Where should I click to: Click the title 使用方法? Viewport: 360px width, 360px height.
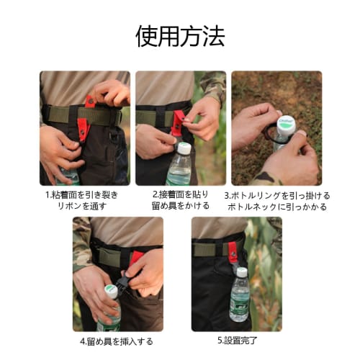pos(180,35)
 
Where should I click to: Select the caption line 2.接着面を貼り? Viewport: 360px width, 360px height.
pos(180,194)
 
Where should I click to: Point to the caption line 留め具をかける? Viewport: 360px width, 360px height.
pos(180,206)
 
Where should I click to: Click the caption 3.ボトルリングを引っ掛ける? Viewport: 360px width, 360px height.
pos(277,194)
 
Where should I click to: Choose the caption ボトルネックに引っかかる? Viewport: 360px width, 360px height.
pos(277,207)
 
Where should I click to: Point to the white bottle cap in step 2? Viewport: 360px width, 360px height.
pos(184,148)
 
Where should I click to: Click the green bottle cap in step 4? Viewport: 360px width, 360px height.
pos(110,292)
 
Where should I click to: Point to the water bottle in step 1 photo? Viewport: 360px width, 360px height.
pos(70,175)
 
